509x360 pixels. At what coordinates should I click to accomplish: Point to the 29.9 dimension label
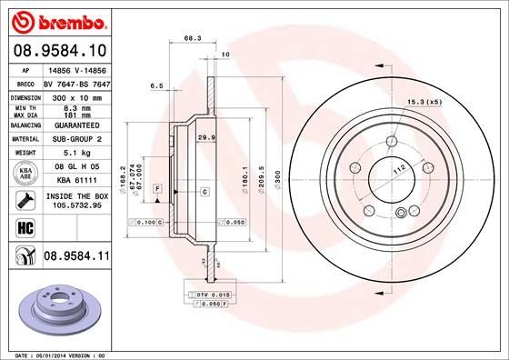(x=205, y=137)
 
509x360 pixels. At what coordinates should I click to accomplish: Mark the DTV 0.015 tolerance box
(x=207, y=296)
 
